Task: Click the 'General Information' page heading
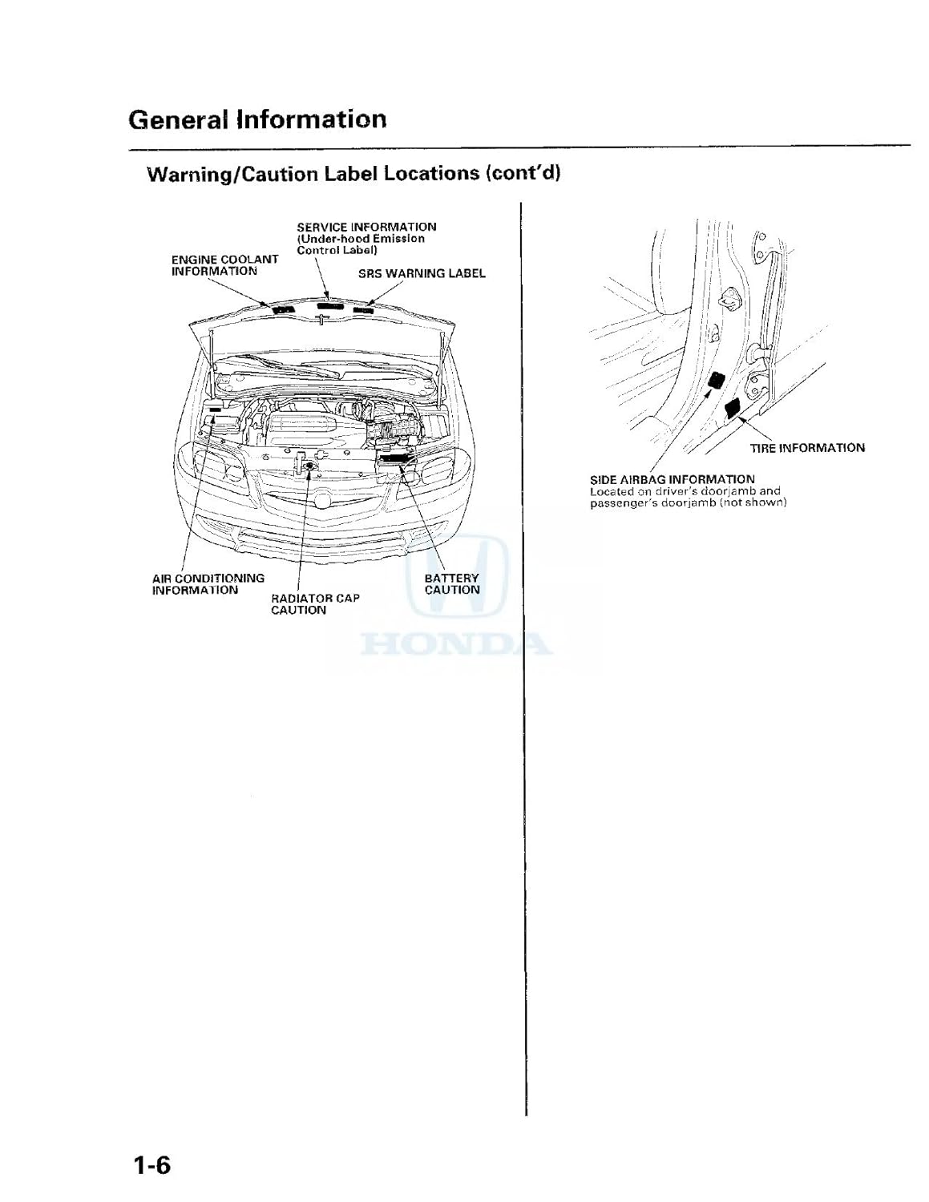tap(257, 119)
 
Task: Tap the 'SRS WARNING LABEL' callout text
tap(422, 273)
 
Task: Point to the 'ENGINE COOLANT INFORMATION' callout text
tap(224, 265)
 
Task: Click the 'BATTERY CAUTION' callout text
tap(452, 584)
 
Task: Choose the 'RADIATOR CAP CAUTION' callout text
tap(315, 604)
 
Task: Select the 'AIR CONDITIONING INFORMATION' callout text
tap(208, 584)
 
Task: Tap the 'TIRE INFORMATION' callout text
tap(807, 448)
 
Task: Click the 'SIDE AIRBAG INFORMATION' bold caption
tap(672, 479)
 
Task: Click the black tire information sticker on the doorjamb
tap(733, 410)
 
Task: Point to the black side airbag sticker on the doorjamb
tap(713, 382)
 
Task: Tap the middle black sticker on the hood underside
tap(329, 306)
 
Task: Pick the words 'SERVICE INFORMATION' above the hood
tap(366, 227)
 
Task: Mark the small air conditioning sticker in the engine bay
tap(216, 409)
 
